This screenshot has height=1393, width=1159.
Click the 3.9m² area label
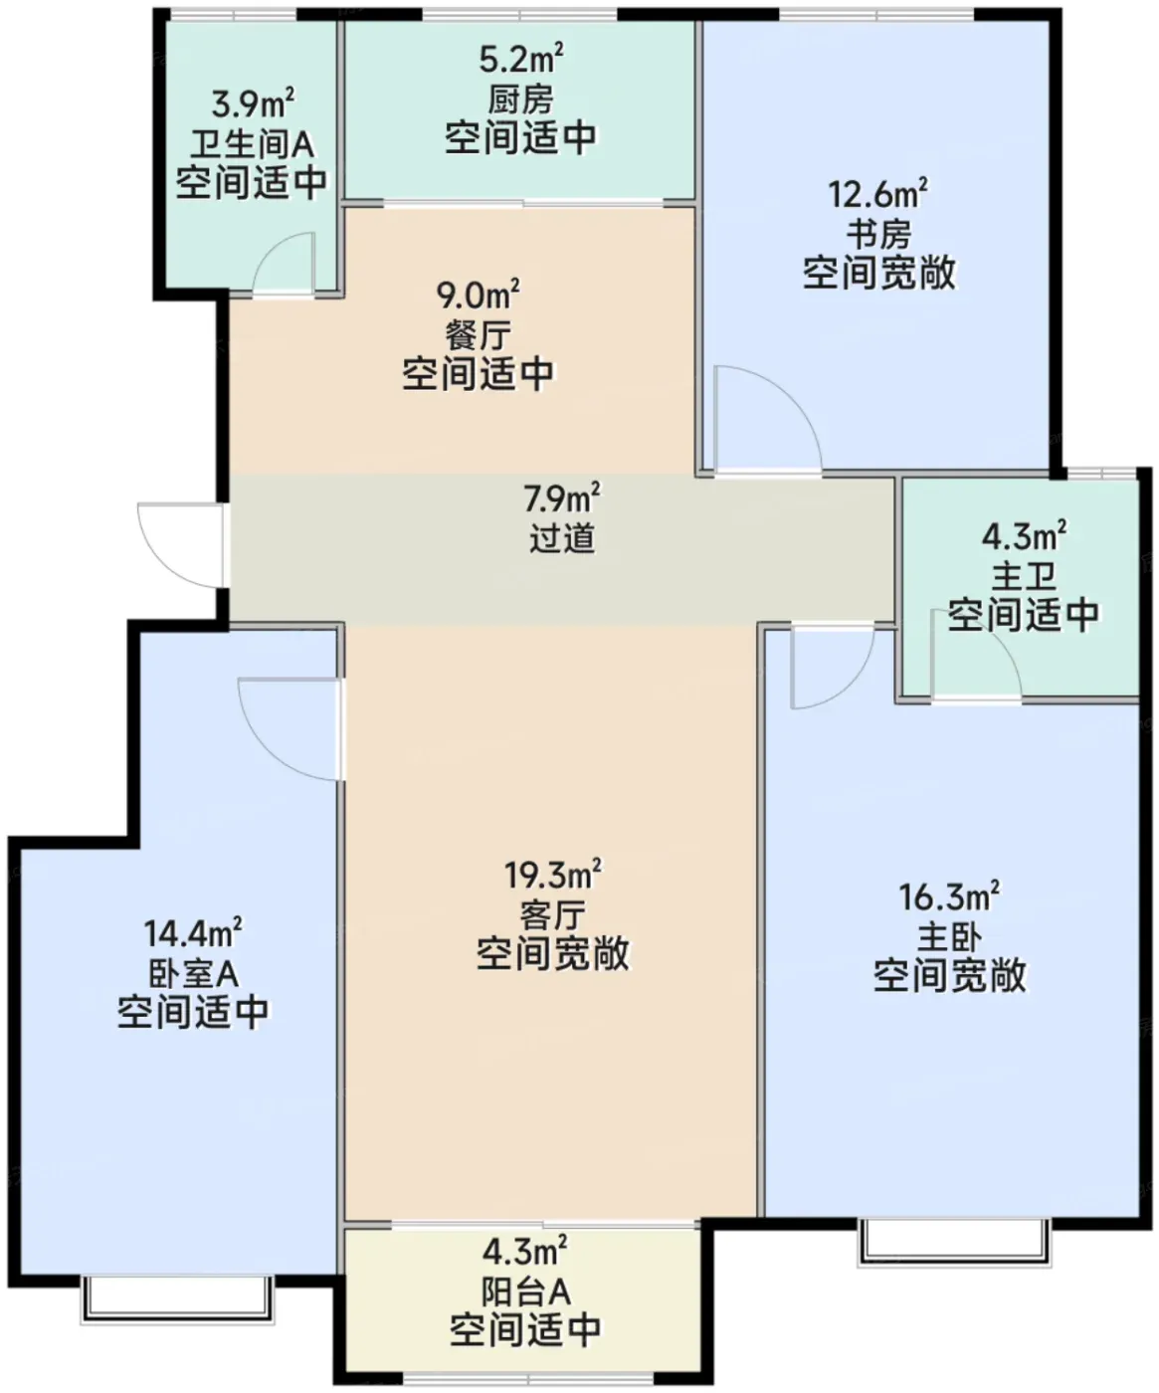click(x=253, y=103)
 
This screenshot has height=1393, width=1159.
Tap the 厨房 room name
click(x=520, y=100)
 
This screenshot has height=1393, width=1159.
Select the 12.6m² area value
click(x=877, y=193)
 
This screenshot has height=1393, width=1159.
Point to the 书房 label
click(x=878, y=234)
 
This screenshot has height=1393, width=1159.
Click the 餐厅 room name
click(x=478, y=334)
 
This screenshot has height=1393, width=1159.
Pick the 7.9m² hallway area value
click(x=561, y=497)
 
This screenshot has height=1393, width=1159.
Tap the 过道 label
click(x=562, y=537)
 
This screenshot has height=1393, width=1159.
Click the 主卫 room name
click(x=1024, y=576)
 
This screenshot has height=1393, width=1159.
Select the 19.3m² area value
click(x=552, y=874)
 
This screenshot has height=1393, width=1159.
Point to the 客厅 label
click(x=552, y=914)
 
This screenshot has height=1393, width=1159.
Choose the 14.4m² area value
click(x=193, y=932)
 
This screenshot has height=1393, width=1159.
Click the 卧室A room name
click(x=193, y=973)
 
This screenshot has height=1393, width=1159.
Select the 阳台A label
click(x=526, y=1293)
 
